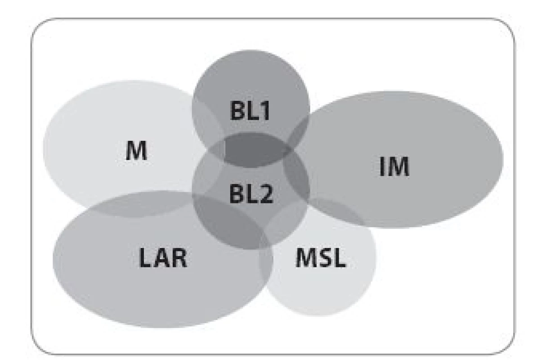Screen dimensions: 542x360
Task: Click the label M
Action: pos(136,151)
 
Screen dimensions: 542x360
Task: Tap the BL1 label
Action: pos(250,110)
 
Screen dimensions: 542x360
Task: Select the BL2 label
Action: pos(251,193)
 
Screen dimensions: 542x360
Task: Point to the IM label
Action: pos(394,166)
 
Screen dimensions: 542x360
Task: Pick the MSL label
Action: pos(321,258)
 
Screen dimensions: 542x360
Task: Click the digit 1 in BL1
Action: pos(265,110)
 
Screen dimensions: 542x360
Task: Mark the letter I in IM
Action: pos(382,166)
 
